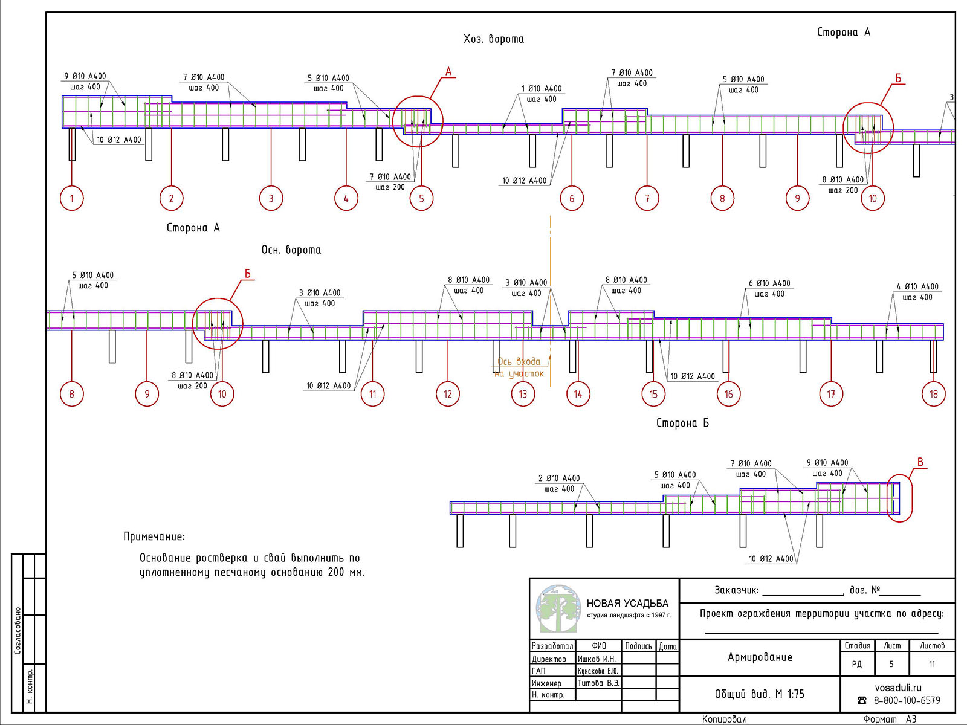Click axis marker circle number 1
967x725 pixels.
[x=72, y=198]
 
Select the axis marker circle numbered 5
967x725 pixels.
[x=422, y=198]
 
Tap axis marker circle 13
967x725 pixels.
[x=523, y=394]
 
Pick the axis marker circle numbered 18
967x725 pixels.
[x=934, y=394]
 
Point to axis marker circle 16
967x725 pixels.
[x=729, y=394]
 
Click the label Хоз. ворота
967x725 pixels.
[x=494, y=39]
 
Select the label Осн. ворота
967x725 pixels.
[x=291, y=250]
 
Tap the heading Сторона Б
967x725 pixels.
[x=683, y=423]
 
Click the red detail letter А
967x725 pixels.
[x=448, y=72]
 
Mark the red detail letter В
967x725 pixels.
[x=920, y=462]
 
